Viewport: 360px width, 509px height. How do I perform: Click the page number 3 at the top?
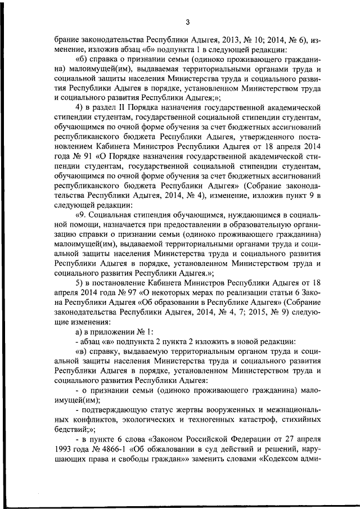187,22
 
